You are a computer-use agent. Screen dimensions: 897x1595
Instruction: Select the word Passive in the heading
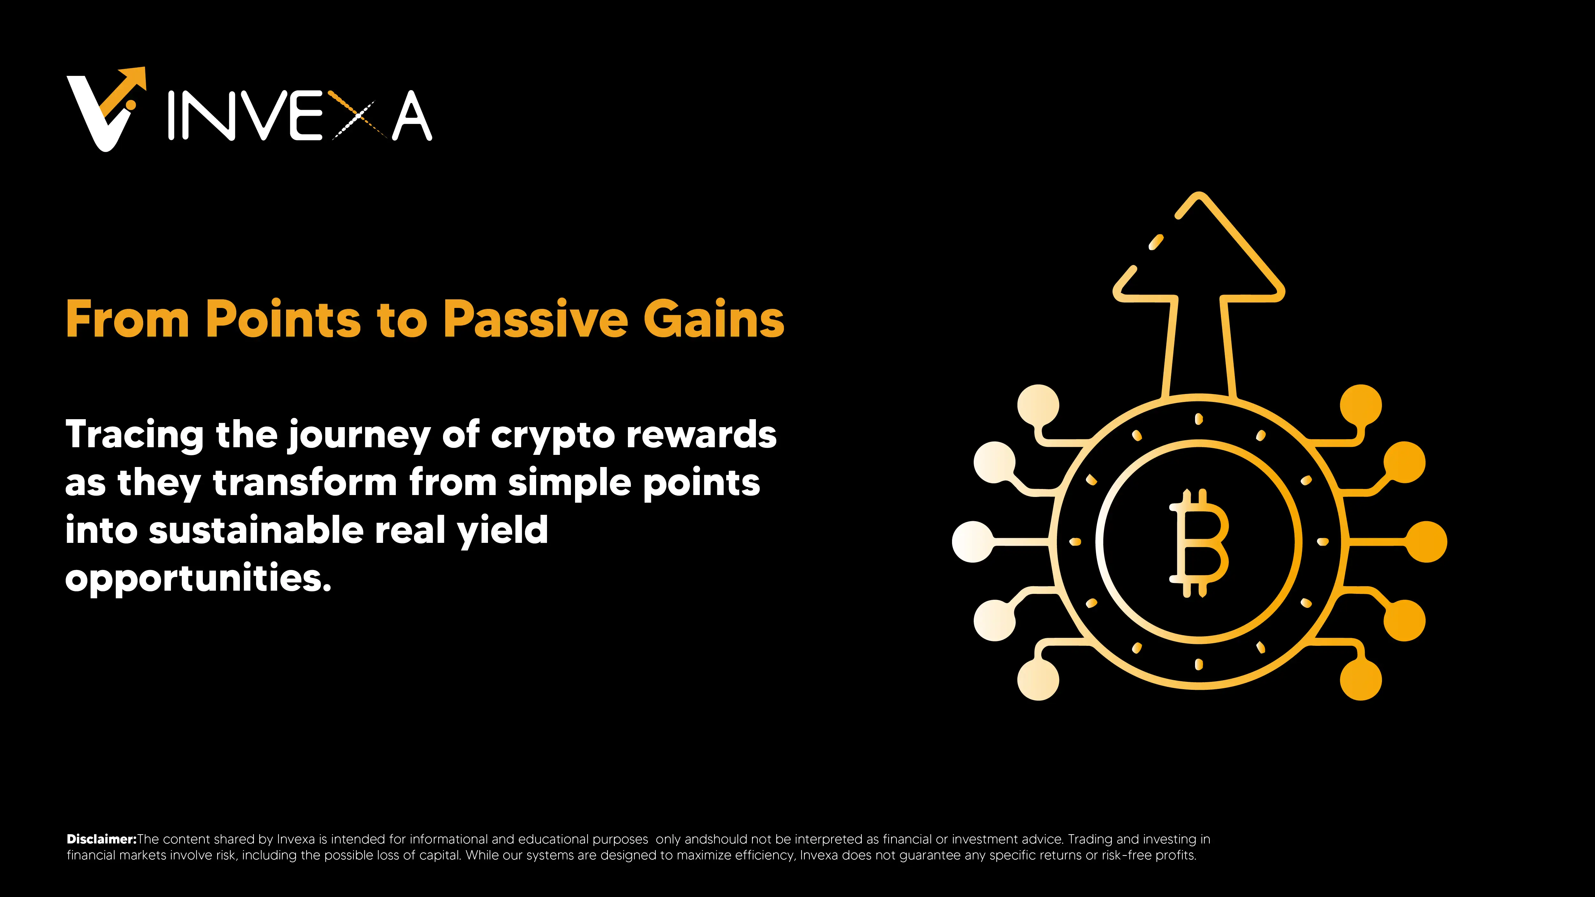[x=535, y=319]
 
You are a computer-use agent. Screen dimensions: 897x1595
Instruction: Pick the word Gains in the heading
[x=714, y=319]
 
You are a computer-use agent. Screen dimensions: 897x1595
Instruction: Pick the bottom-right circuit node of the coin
[x=1360, y=679]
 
